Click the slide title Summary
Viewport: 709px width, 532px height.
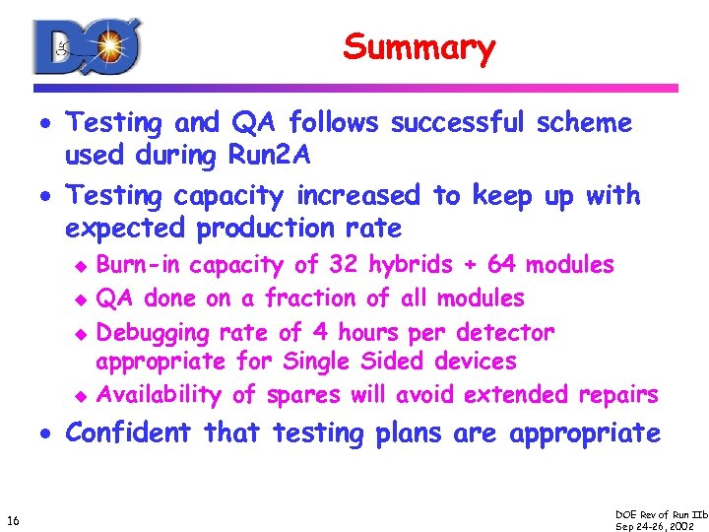coord(419,46)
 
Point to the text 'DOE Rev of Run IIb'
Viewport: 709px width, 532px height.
coord(660,514)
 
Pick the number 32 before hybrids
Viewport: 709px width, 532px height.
coord(344,264)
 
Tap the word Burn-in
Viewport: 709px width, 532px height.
coord(139,264)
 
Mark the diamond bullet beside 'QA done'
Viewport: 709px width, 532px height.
coord(84,299)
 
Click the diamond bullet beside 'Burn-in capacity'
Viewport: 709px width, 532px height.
coord(84,265)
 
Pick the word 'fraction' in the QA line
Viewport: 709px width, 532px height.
coord(307,298)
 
